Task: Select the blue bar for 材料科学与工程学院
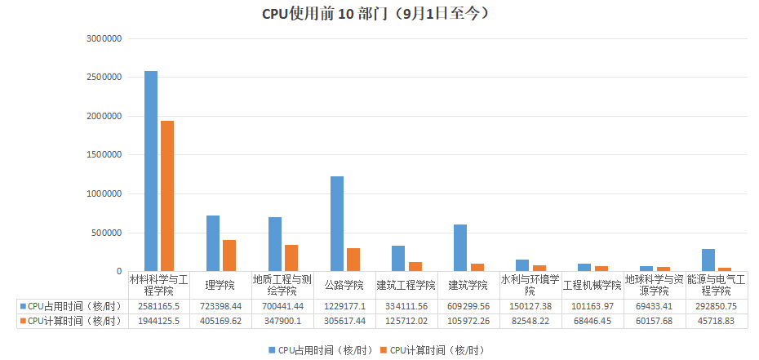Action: (151, 171)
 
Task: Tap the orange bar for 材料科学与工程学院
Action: (167, 196)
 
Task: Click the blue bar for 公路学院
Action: (337, 224)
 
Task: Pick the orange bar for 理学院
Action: (229, 256)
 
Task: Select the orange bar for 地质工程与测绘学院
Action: (291, 258)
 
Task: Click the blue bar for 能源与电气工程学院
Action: (708, 260)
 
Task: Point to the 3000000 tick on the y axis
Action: (104, 38)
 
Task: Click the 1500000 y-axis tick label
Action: (104, 155)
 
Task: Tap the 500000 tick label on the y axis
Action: (108, 233)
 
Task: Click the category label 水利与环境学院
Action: (530, 285)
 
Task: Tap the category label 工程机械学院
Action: (592, 285)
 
